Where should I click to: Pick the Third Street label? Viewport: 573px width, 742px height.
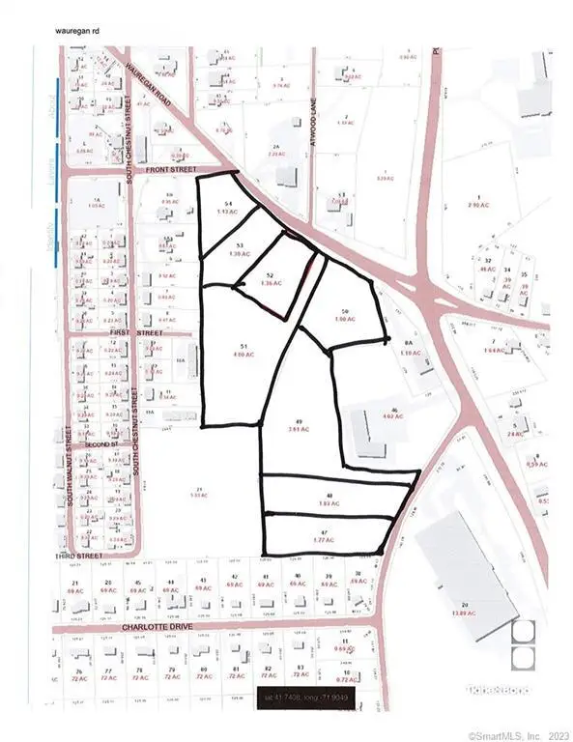tap(79, 557)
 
